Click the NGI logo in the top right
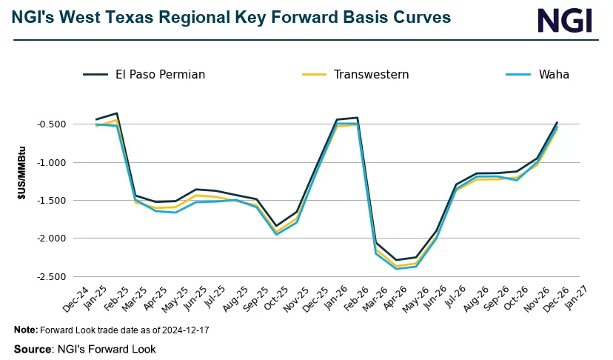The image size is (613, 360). click(x=565, y=20)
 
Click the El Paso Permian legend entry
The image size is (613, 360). click(x=144, y=74)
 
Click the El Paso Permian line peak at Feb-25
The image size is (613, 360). click(x=117, y=113)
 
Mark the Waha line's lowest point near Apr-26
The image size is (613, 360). click(x=398, y=269)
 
